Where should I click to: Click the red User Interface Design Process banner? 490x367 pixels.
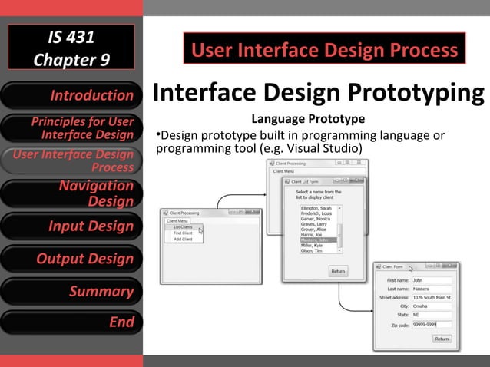324,51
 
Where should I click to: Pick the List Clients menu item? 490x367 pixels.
183,227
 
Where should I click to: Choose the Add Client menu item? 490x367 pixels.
183,240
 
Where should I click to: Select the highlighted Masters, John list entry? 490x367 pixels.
318,240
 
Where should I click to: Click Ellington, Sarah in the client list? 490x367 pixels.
316,208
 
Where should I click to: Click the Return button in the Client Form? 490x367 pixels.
442,339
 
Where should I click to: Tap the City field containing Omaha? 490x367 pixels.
431,306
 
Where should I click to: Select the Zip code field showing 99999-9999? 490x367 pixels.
431,325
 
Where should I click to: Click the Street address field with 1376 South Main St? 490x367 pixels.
432,297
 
